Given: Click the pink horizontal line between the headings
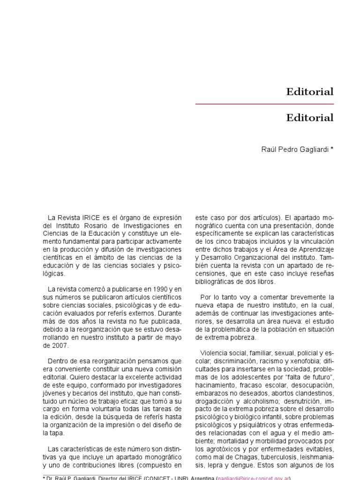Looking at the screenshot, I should [x=264, y=104].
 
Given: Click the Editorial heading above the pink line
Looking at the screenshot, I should [x=310, y=92].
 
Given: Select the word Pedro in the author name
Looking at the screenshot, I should [x=291, y=150].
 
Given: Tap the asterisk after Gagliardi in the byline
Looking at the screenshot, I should [x=332, y=150].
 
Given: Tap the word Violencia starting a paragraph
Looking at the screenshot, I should [x=215, y=352].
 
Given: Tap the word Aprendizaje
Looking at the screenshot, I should [x=315, y=249].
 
